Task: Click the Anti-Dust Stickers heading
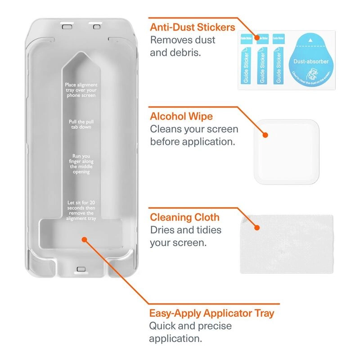coord(193,27)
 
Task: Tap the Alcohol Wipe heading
coord(181,117)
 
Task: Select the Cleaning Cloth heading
coord(185,217)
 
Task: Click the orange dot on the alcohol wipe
coord(265,135)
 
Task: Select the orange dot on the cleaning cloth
coord(257,228)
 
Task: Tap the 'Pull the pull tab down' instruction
coord(81,124)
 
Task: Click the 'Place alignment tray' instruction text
coord(81,90)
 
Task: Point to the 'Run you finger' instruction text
coord(81,164)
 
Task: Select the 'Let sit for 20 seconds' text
coord(81,210)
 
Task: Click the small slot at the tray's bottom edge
coord(81,269)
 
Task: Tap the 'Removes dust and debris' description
coord(183,46)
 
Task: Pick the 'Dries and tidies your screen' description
coord(185,237)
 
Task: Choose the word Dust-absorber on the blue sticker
coord(311,61)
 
